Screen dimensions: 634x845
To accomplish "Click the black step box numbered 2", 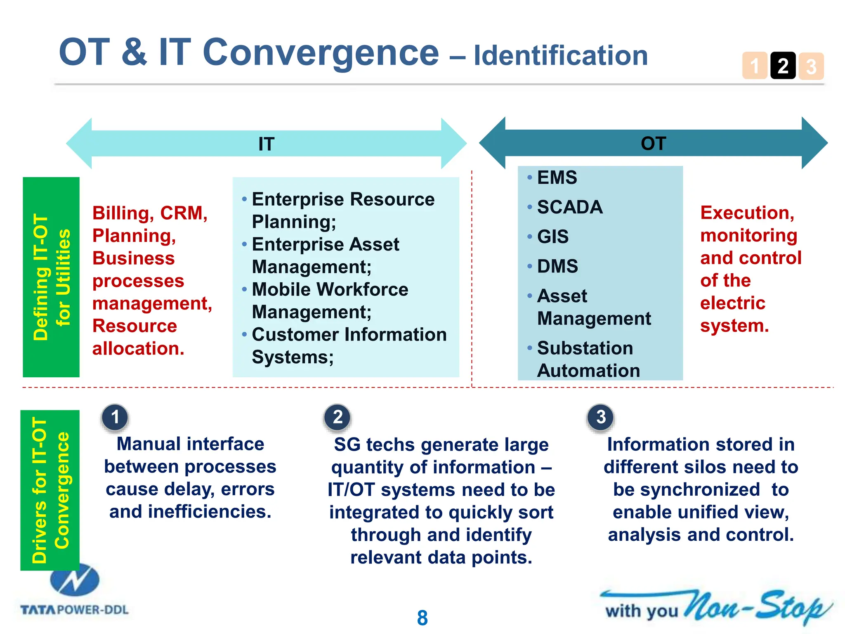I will (783, 66).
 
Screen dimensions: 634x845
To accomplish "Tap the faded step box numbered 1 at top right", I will (755, 66).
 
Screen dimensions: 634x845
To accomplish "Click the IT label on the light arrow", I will (266, 144).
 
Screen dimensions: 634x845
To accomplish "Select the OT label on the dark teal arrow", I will (653, 143).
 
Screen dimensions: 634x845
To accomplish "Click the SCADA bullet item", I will (569, 207).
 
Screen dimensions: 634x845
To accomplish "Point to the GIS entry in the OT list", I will (552, 237).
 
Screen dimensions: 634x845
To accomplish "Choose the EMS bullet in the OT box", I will (557, 178).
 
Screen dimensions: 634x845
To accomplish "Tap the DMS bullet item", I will (557, 266).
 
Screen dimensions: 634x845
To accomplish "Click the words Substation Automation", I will (588, 359).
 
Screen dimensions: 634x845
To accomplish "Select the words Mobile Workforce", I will (330, 289).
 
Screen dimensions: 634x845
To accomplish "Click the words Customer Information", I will (349, 334).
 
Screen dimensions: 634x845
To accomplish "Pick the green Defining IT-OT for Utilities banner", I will (51, 277).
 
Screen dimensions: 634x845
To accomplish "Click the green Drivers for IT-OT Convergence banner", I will (50, 490).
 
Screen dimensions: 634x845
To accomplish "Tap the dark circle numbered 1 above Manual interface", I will (115, 417).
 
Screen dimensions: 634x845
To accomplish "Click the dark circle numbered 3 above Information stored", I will (601, 417).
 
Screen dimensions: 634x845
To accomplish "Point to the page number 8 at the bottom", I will (422, 618).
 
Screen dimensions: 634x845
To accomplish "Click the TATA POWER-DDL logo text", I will (74, 610).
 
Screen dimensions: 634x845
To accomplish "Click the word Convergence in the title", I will (321, 52).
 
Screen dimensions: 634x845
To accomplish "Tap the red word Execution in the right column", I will (747, 213).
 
